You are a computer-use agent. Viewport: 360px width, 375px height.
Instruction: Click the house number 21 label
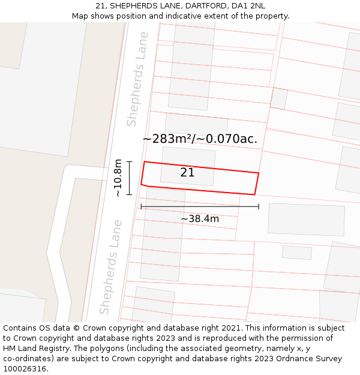pyautogui.click(x=187, y=173)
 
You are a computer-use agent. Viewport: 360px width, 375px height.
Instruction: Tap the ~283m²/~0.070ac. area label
pyautogui.click(x=200, y=139)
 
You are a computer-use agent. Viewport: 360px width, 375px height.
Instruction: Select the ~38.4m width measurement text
pyautogui.click(x=200, y=219)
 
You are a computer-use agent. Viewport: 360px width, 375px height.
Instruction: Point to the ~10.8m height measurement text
pyautogui.click(x=118, y=178)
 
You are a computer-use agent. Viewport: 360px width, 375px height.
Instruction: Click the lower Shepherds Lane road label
pyautogui.click(x=111, y=267)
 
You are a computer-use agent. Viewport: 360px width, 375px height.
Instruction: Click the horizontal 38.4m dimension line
pyautogui.click(x=200, y=206)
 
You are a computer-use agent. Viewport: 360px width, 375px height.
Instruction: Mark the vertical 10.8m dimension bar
pyautogui.click(x=129, y=178)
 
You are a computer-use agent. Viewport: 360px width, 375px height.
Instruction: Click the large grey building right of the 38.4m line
pyautogui.click(x=306, y=219)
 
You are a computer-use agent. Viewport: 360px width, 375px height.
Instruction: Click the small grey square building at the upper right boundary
pyautogui.click(x=278, y=98)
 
